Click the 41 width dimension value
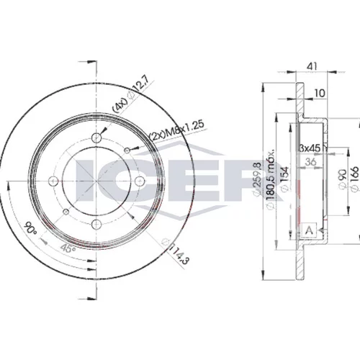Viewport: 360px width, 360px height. click(x=312, y=66)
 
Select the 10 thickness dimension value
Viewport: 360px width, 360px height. click(x=320, y=93)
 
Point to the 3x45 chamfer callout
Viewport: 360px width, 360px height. click(x=310, y=148)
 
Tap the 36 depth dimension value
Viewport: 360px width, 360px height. click(x=311, y=162)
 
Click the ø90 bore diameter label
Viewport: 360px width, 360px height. click(x=343, y=179)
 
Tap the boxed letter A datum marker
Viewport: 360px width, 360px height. click(x=309, y=230)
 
